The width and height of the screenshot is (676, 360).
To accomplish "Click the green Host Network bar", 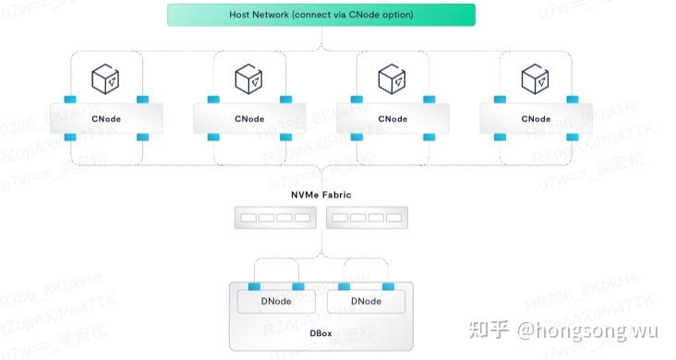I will (321, 15).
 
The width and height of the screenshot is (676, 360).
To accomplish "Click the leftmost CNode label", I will (106, 118).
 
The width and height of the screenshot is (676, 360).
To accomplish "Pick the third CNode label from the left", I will (392, 118).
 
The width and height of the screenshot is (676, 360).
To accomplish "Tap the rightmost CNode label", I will (536, 118).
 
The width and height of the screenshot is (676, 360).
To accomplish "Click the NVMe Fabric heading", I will (321, 195).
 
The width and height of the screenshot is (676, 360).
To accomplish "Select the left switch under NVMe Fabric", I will (274, 218).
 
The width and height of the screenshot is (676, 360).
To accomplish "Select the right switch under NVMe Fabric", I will (368, 218).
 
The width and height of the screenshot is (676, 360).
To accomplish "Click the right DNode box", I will (368, 301).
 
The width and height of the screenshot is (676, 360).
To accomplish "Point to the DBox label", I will (321, 331).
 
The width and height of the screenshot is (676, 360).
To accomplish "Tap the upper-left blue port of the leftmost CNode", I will (70, 100).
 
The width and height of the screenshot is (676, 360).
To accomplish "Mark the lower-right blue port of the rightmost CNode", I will (572, 138).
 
